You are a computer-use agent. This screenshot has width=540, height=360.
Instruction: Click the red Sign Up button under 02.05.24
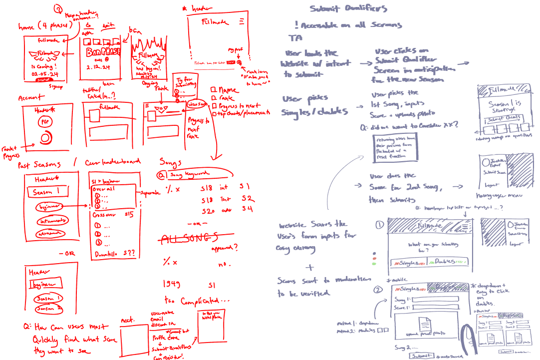point(44,79)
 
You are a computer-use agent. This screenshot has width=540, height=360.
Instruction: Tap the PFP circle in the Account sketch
point(45,122)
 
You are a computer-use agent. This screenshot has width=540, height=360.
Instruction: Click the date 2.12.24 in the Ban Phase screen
point(98,66)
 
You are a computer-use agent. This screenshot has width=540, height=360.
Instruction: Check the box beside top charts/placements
point(213,114)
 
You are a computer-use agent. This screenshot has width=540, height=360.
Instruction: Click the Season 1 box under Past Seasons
point(49,192)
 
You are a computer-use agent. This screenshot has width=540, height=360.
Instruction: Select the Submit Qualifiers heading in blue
point(348,8)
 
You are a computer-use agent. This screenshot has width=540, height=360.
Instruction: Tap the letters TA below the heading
point(294,38)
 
